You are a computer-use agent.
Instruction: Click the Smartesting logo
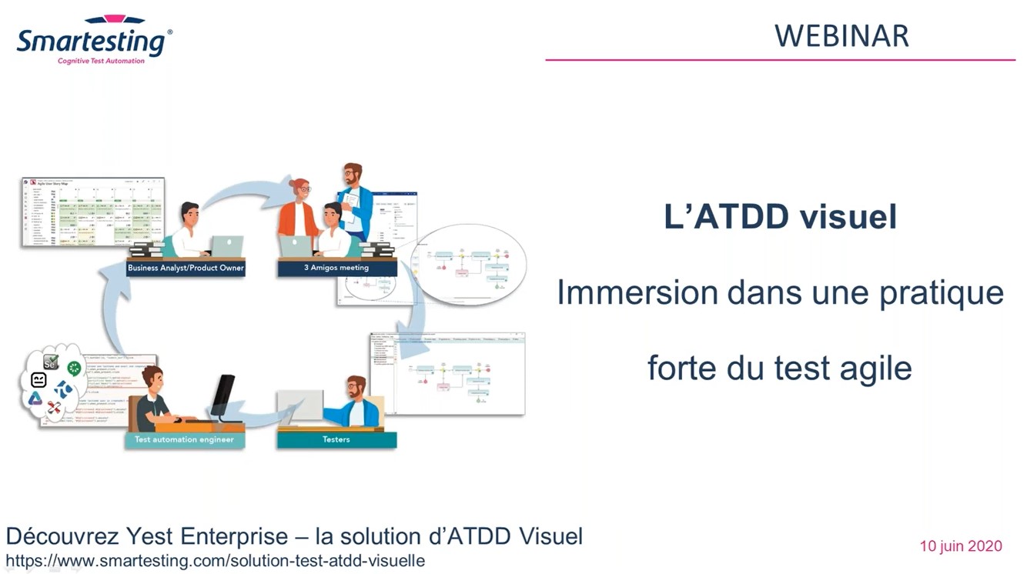pos(94,39)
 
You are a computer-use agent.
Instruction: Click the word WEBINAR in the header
pos(841,36)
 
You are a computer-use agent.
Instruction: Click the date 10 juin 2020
pos(960,546)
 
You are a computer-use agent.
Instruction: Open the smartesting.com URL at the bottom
pos(215,561)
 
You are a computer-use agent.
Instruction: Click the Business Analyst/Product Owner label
pos(186,268)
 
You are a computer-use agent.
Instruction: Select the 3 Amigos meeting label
pos(336,268)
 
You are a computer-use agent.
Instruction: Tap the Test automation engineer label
pos(185,439)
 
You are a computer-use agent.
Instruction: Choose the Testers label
pos(336,439)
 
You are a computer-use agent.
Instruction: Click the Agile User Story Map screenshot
pos(93,212)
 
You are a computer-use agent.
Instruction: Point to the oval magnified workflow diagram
pos(468,265)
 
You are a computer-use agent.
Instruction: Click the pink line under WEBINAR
pos(780,59)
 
